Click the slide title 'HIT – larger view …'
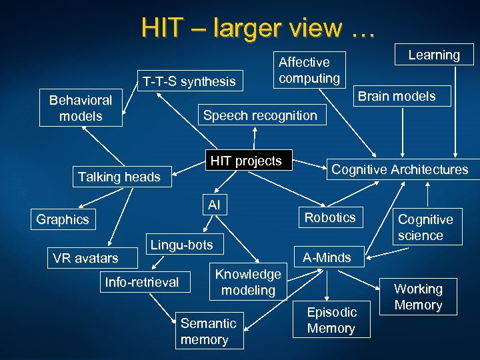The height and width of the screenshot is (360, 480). [258, 27]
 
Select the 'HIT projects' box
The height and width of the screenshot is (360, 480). [246, 161]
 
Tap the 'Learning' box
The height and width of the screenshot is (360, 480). [434, 55]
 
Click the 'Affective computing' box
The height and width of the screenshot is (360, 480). [309, 70]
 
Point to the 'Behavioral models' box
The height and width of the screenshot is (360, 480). [81, 107]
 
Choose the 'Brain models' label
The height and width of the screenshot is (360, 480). [397, 96]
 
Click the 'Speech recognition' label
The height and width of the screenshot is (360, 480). [260, 115]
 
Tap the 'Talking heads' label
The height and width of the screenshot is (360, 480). [119, 177]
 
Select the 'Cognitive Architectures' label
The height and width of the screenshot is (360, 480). [400, 169]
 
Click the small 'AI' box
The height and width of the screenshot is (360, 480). [214, 205]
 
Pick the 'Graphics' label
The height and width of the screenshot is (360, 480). [63, 219]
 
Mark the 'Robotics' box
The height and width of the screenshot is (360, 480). [330, 217]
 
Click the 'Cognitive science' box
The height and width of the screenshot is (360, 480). [425, 227]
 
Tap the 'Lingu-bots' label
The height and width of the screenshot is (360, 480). [181, 245]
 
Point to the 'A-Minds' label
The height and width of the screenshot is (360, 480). [327, 257]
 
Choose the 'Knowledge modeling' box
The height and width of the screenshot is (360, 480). [248, 282]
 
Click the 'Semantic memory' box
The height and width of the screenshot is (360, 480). [208, 331]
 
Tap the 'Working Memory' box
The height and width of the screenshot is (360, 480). [418, 297]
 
